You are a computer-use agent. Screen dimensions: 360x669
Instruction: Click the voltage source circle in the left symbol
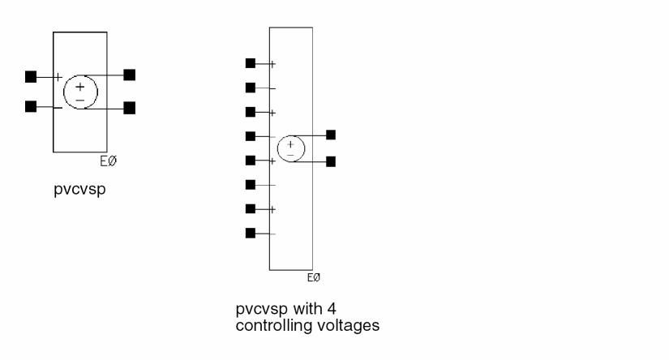pos(80,91)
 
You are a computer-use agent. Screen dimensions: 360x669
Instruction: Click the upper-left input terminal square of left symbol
pos(31,77)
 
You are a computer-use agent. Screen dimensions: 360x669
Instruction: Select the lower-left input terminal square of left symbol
pos(31,106)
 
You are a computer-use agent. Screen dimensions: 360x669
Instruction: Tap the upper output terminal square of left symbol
pos(129,75)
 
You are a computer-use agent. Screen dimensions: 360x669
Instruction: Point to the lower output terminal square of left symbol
pos(129,107)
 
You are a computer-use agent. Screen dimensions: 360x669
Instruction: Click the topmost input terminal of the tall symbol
pos(251,63)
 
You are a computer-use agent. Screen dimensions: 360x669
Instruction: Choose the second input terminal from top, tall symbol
pos(251,88)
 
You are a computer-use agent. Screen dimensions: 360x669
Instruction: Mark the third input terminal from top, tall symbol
pos(251,112)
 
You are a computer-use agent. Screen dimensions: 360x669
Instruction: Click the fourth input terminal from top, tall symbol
pos(251,136)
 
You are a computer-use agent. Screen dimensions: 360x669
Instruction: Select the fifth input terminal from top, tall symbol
pos(251,161)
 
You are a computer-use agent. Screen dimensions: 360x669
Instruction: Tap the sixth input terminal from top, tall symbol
pos(251,185)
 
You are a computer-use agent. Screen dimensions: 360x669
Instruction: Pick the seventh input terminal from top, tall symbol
pos(251,209)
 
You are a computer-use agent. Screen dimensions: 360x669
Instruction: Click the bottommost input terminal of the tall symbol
pos(251,234)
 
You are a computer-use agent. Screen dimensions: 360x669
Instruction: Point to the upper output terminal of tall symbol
pos(330,135)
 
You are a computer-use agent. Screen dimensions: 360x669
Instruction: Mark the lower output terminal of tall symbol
pos(330,161)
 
